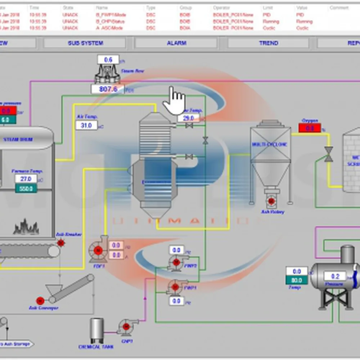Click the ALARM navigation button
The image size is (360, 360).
pyautogui.click(x=176, y=43)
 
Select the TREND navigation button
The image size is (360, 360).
pyautogui.click(x=268, y=43)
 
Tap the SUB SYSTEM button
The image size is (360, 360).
pyautogui.click(x=85, y=43)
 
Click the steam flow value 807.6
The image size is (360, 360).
pyautogui.click(x=108, y=89)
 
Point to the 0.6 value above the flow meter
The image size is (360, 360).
pyautogui.click(x=108, y=60)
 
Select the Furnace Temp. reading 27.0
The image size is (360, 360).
pyautogui.click(x=26, y=179)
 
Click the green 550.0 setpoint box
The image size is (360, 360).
pyautogui.click(x=26, y=188)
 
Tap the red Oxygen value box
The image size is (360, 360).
pyautogui.click(x=310, y=128)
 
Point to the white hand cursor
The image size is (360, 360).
pyautogui.click(x=174, y=100)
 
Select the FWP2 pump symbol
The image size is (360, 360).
pyautogui.click(x=176, y=262)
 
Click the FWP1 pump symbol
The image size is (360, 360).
pyautogui.click(x=176, y=287)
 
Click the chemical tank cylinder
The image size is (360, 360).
pyautogui.click(x=96, y=330)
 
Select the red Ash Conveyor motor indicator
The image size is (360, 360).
pyautogui.click(x=40, y=301)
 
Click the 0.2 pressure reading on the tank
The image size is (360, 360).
pyautogui.click(x=335, y=276)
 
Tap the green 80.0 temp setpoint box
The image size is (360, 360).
pyautogui.click(x=297, y=280)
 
